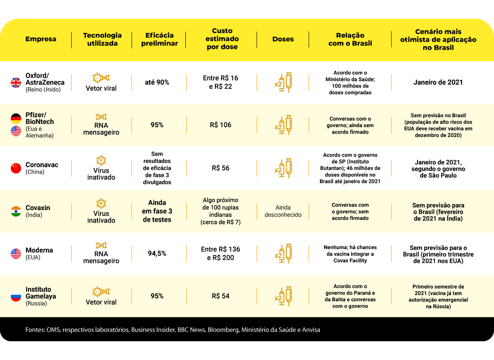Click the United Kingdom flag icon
[x=16, y=82]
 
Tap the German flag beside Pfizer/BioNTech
[x=16, y=118]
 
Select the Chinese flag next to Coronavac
[x=16, y=168]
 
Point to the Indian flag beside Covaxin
[x=16, y=211]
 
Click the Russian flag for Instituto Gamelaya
[x=16, y=296]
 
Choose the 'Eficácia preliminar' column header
[x=159, y=39]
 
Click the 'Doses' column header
[x=283, y=39]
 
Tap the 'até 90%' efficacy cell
[x=157, y=82]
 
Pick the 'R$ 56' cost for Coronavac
[x=220, y=168]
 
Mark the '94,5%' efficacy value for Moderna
[x=157, y=253]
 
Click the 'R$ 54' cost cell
[x=220, y=296]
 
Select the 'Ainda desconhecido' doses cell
[x=283, y=211]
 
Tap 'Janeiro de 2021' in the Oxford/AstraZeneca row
[x=438, y=82]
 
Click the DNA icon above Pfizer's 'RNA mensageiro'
[x=101, y=117]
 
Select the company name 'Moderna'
[x=39, y=250]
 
